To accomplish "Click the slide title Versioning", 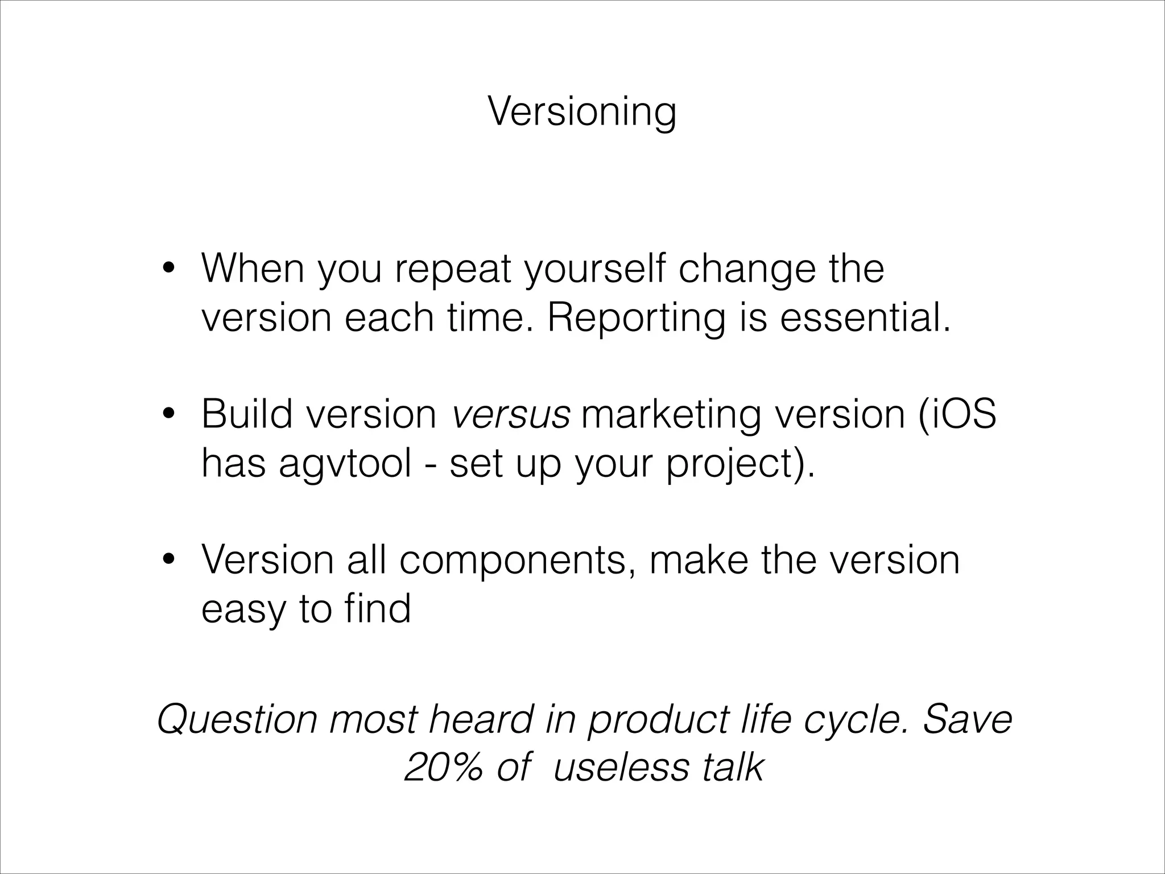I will coord(582,112).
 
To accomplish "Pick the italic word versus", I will coord(510,414).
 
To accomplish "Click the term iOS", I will coord(961,414).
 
